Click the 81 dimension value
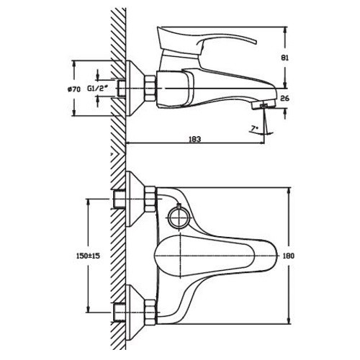point(284,58)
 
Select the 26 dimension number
point(284,98)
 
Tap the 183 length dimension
point(195,139)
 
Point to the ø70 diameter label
point(74,89)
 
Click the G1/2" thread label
point(97,89)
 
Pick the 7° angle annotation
point(254,128)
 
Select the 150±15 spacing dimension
point(88,256)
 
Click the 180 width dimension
point(288,256)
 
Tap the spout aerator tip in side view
point(263,105)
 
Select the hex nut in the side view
point(150,88)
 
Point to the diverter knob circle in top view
point(179,217)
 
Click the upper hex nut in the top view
point(150,199)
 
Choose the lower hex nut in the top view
point(150,311)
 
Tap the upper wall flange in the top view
point(135,199)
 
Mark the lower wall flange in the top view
point(135,312)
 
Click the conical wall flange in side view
point(135,89)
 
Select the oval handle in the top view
point(215,256)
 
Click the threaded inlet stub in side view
point(122,89)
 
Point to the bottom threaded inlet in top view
point(120,312)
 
